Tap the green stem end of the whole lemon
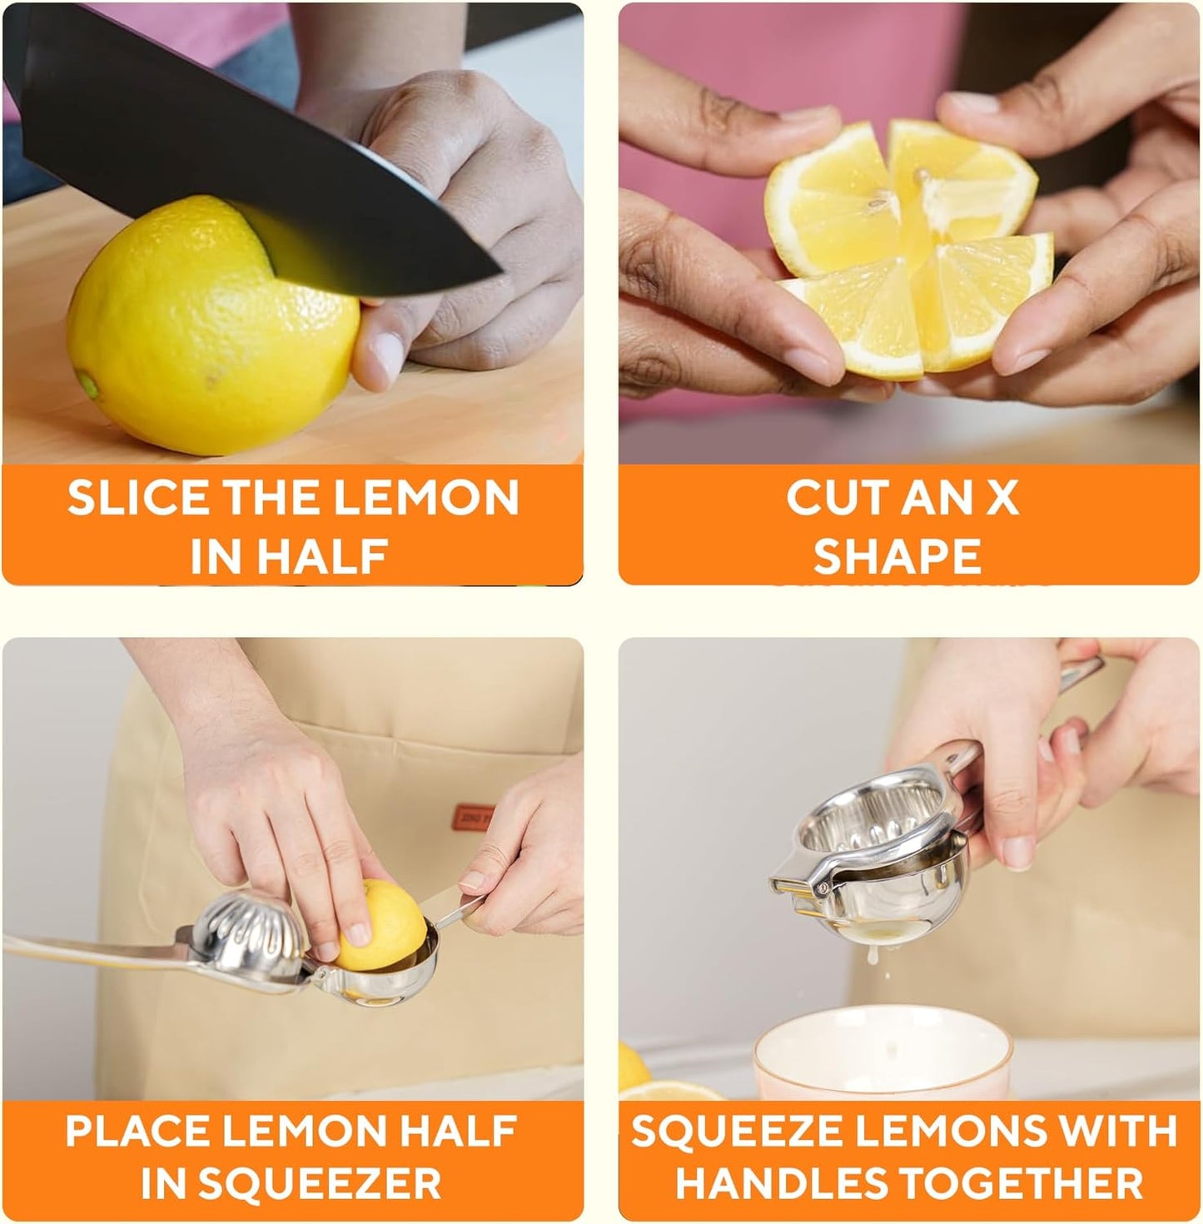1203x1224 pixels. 87,385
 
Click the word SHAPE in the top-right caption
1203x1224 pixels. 897,556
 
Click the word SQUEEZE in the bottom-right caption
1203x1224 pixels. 732,1131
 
